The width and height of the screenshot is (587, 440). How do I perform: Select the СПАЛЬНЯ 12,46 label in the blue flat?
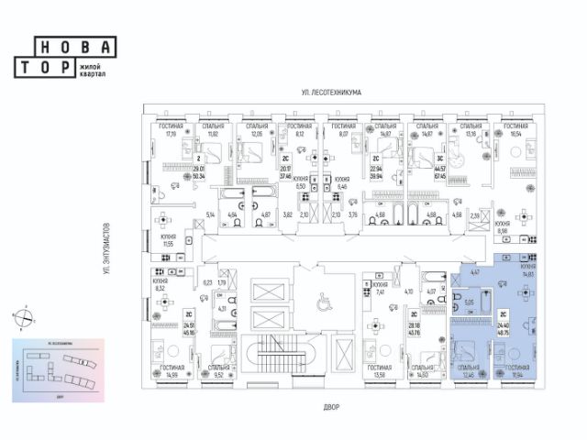[473, 372]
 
